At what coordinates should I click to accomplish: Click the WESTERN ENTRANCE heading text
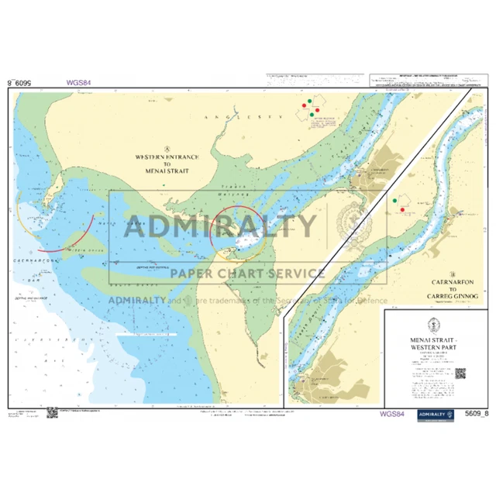point(167,157)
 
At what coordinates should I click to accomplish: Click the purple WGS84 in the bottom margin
point(393,414)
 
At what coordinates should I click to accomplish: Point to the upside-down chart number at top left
point(21,81)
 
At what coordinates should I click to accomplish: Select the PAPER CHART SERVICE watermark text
point(248,273)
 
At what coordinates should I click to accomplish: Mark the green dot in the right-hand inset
point(395,201)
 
